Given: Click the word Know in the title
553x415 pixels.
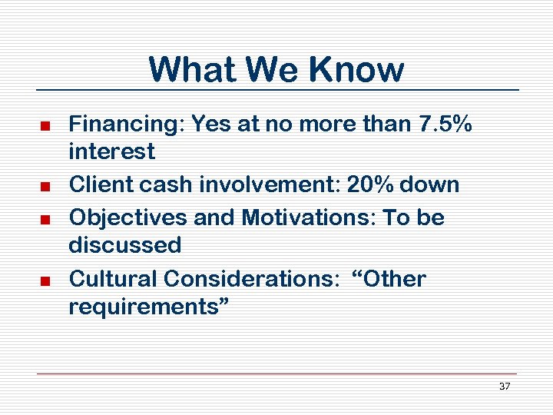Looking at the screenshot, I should click(356, 69).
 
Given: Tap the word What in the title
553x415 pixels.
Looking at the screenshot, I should click(194, 69).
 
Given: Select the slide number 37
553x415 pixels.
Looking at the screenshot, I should click(505, 386).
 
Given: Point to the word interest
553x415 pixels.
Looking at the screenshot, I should click(111, 151).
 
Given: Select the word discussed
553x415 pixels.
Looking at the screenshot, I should click(124, 246).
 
